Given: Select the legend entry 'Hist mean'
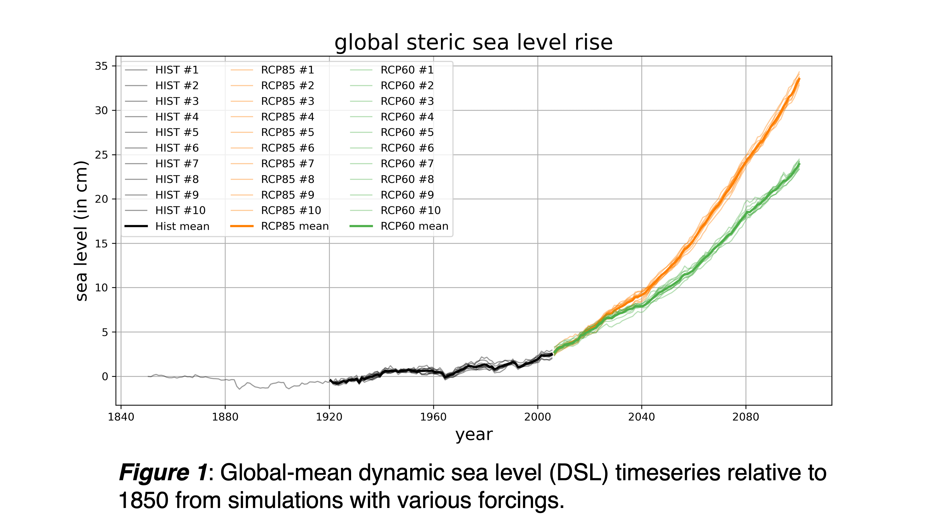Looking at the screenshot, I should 182,226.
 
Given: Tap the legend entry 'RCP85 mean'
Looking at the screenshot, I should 295,226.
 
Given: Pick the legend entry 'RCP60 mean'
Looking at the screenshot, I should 414,226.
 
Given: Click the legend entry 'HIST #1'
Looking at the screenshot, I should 177,70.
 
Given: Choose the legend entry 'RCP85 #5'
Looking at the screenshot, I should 288,132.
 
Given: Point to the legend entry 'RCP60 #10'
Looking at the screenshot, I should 410,210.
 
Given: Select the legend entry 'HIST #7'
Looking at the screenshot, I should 177,164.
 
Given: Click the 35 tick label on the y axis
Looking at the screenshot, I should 101,66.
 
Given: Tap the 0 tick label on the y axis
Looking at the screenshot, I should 105,376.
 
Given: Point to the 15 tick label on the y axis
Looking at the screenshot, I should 101,243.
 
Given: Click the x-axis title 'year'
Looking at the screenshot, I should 474,435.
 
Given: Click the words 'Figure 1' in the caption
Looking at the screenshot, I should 163,473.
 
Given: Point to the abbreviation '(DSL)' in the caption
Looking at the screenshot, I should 579,473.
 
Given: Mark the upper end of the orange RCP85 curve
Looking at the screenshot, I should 799,78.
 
